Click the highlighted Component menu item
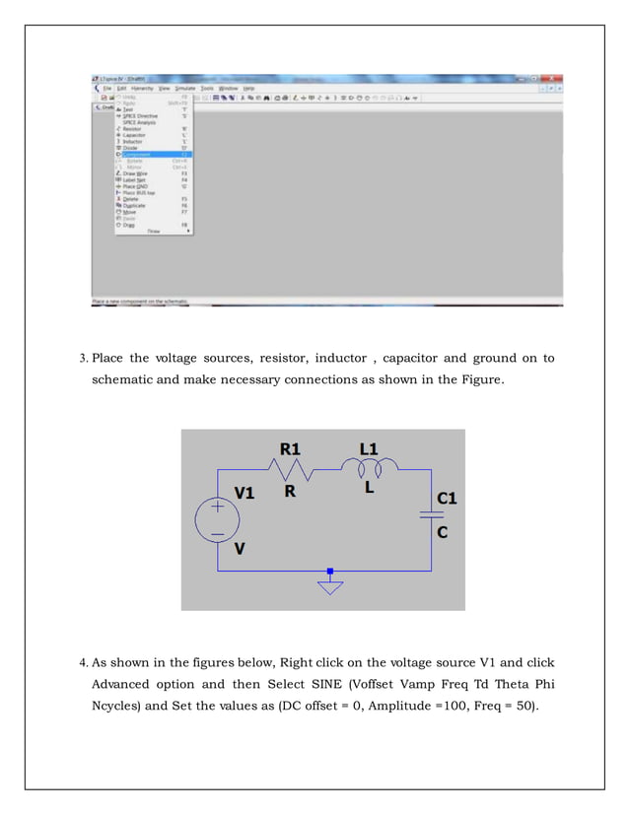tap(138, 155)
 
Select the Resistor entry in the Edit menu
tap(132, 128)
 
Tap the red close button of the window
tap(553, 78)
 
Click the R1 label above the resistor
tap(290, 448)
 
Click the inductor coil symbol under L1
tap(369, 464)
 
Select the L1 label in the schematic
tap(368, 448)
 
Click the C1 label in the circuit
tap(447, 499)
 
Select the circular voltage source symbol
tap(216, 519)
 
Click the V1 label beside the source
tap(244, 493)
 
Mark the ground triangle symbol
tap(330, 587)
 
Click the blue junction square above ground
tap(330, 571)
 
